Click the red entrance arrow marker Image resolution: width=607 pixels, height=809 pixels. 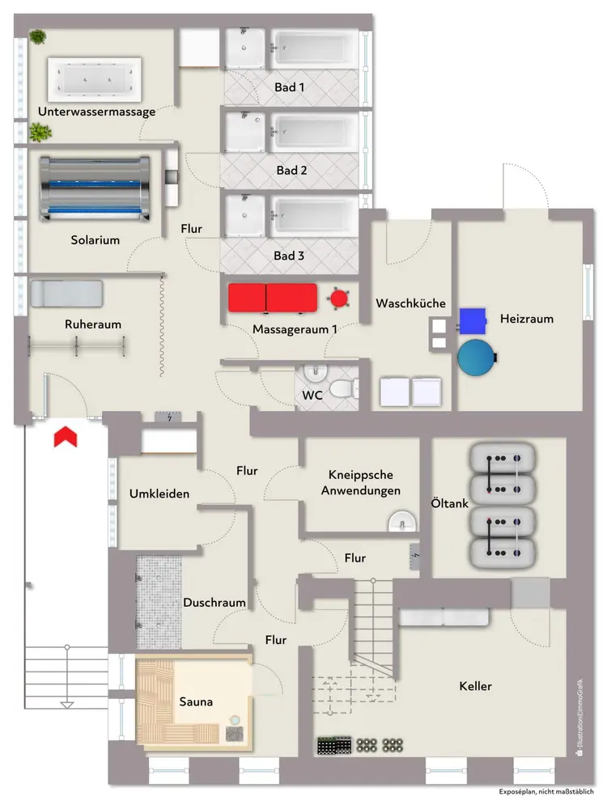coord(65,437)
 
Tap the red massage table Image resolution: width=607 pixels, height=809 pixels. coord(272,297)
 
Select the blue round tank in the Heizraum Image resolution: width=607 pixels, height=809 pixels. coord(475,357)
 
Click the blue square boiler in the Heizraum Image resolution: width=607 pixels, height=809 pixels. coord(473,320)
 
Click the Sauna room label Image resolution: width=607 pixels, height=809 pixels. coord(196,702)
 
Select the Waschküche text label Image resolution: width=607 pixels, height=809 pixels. coord(410,303)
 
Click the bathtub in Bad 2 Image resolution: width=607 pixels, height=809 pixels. coord(315,131)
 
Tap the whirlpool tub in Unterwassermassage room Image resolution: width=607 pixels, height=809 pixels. coord(96,78)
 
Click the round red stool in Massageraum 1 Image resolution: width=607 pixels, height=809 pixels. coord(337,299)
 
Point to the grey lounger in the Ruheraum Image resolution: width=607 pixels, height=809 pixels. coord(66,293)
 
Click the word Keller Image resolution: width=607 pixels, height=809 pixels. coord(475,686)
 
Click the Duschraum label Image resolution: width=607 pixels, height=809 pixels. coord(214,603)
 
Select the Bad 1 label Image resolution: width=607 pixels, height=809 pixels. coord(291,87)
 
